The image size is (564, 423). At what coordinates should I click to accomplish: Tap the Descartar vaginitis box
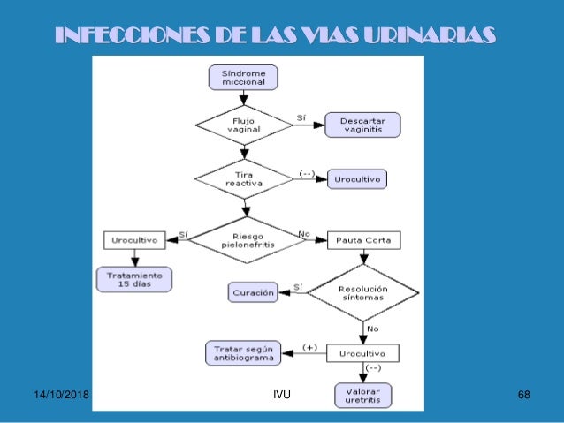362,124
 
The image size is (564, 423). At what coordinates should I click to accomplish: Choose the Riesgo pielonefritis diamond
248,239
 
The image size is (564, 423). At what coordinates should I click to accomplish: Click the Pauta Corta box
363,239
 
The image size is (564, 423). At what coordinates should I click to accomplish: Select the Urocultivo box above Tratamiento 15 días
134,239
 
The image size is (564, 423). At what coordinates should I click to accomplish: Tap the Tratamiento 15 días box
134,279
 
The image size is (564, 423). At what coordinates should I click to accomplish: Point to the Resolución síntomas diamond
362,291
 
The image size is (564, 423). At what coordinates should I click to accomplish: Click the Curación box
255,291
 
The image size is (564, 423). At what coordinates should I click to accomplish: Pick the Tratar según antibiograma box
243,353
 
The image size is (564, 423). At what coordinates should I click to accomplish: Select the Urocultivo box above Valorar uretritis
363,353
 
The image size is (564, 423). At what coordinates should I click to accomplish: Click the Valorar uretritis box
363,394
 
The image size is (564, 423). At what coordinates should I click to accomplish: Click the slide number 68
523,392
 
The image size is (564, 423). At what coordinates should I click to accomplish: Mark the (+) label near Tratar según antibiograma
309,347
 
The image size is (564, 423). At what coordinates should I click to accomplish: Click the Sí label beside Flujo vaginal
301,117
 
